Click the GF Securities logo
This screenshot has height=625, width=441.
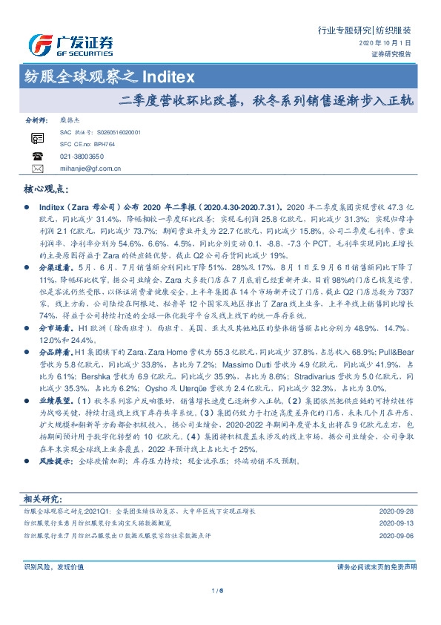[x=70, y=45]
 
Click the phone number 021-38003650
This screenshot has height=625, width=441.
[x=82, y=157]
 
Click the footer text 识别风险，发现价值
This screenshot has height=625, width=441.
[x=53, y=566]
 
